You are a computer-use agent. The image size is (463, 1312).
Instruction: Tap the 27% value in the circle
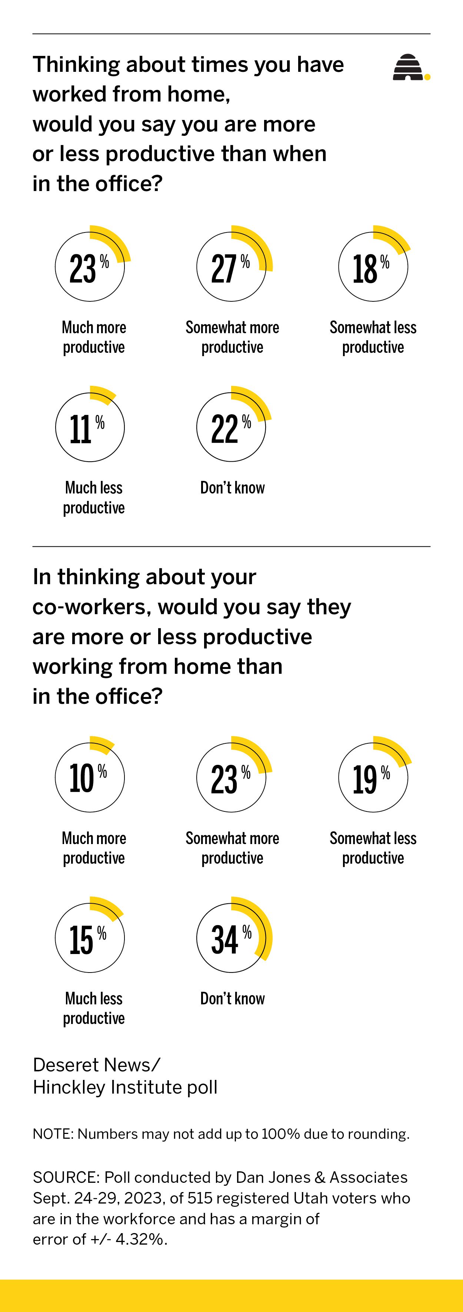pyautogui.click(x=231, y=268)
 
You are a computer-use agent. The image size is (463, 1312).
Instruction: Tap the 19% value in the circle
pyautogui.click(x=371, y=779)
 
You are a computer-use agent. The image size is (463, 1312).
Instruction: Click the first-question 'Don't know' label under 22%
pyautogui.click(x=232, y=488)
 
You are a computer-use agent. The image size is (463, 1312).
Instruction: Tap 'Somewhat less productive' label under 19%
pyautogui.click(x=373, y=848)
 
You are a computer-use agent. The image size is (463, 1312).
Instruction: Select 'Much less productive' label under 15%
pyautogui.click(x=94, y=1008)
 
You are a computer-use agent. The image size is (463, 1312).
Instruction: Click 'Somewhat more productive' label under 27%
pyautogui.click(x=232, y=337)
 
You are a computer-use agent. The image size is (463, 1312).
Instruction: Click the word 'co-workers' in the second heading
pyautogui.click(x=92, y=607)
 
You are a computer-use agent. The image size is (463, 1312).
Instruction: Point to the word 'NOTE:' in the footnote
pyautogui.click(x=53, y=1134)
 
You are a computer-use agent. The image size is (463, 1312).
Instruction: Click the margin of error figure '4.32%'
pyautogui.click(x=141, y=1239)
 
